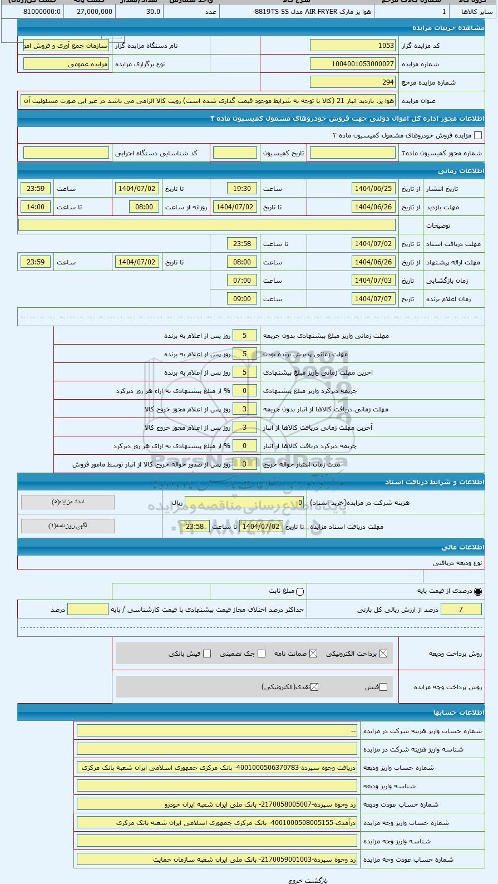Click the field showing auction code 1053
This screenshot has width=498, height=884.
(x=353, y=46)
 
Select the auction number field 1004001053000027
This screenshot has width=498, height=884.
(x=353, y=64)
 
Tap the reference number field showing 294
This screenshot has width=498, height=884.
(x=353, y=82)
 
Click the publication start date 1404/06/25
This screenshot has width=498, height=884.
(x=373, y=189)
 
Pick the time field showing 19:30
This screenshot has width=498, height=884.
(x=242, y=189)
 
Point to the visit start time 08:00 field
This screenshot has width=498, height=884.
(x=144, y=207)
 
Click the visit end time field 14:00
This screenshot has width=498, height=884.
(x=36, y=207)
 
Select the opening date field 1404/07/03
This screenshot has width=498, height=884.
(x=373, y=281)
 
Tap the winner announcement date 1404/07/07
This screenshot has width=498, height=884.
(x=373, y=299)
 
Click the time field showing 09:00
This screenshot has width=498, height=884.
(x=242, y=299)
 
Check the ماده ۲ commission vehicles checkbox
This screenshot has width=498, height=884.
(x=477, y=135)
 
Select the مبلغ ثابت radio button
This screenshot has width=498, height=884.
(x=300, y=592)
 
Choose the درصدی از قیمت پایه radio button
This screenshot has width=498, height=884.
(x=478, y=592)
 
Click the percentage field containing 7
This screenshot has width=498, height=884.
(x=461, y=610)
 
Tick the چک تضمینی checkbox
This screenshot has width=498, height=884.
(x=262, y=654)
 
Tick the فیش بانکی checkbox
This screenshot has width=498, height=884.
(x=207, y=654)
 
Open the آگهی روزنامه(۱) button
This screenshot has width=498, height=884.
(x=68, y=526)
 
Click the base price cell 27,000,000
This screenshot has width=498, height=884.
(x=94, y=11)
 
